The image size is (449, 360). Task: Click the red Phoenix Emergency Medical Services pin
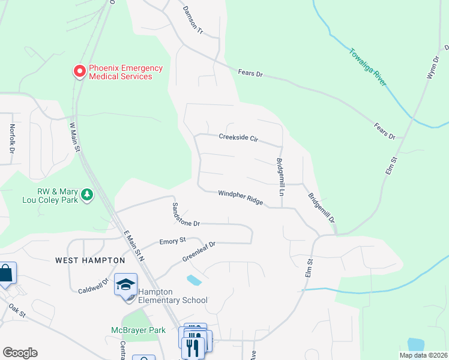click(x=79, y=72)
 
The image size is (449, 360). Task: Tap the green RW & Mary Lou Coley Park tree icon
click(x=88, y=194)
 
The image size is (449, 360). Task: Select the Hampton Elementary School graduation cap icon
click(x=126, y=284)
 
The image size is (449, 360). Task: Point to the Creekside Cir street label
click(x=238, y=138)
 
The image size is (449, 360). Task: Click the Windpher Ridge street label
click(x=240, y=197)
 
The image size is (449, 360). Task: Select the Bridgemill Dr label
click(x=321, y=209)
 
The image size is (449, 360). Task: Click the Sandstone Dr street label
click(x=185, y=214)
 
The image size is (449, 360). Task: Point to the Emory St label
click(x=172, y=241)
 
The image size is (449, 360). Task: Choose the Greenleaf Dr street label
click(x=199, y=252)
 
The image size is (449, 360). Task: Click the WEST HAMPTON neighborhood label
click(x=90, y=260)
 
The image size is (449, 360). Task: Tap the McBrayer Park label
click(x=138, y=330)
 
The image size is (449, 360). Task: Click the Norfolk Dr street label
click(x=11, y=137)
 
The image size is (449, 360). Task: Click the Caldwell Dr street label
click(x=93, y=286)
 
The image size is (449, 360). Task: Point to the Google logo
click(x=20, y=353)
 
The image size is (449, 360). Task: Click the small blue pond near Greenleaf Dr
click(x=194, y=280)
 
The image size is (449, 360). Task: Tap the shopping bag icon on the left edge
click(x=6, y=274)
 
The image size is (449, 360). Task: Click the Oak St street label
click(x=17, y=311)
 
